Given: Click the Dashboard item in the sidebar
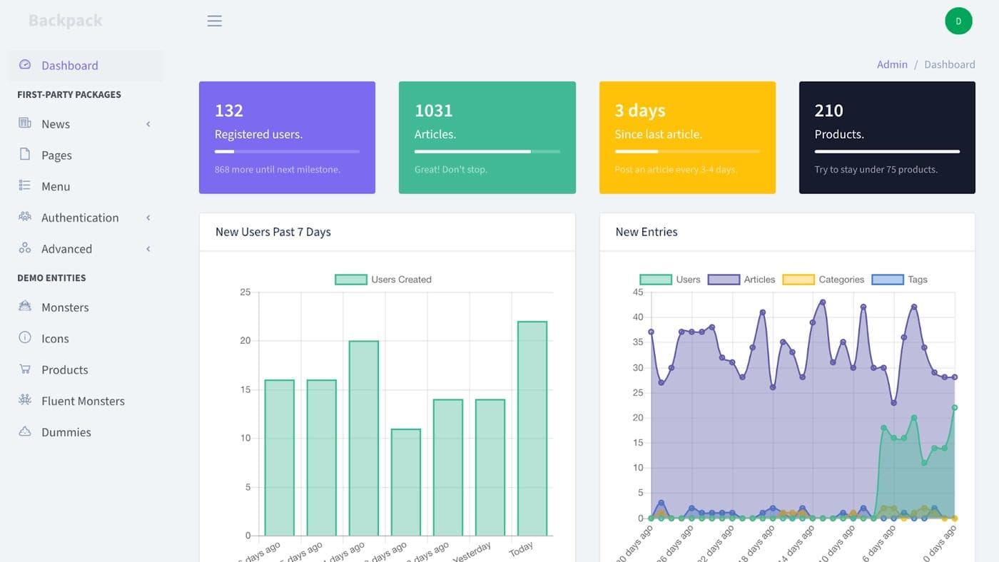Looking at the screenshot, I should tap(69, 66).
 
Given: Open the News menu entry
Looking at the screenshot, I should tap(55, 124).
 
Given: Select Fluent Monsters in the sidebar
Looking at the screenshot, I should tap(83, 401).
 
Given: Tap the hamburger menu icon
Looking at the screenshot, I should tap(214, 21).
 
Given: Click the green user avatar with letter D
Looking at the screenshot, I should tap(958, 21).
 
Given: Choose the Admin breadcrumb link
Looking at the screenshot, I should tap(892, 64).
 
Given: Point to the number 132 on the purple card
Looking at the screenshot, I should tap(229, 111).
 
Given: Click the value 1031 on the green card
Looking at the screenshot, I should tap(434, 111).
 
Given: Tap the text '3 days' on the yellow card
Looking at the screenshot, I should tap(640, 111).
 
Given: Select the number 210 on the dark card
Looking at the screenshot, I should tap(828, 111).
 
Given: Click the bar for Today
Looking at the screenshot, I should tap(532, 428).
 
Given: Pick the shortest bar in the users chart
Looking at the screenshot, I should tap(406, 481).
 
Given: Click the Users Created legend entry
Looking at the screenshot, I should tap(383, 280).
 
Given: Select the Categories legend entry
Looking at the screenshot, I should tap(823, 280).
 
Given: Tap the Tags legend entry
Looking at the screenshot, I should tap(900, 280).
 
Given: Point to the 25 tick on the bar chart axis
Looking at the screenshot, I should tap(245, 292).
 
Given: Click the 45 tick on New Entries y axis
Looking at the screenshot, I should tap(638, 292).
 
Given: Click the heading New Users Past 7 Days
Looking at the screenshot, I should tap(273, 232).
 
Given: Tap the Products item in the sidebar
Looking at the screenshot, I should tap(64, 369).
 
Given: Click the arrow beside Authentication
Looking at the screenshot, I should tap(148, 218).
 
